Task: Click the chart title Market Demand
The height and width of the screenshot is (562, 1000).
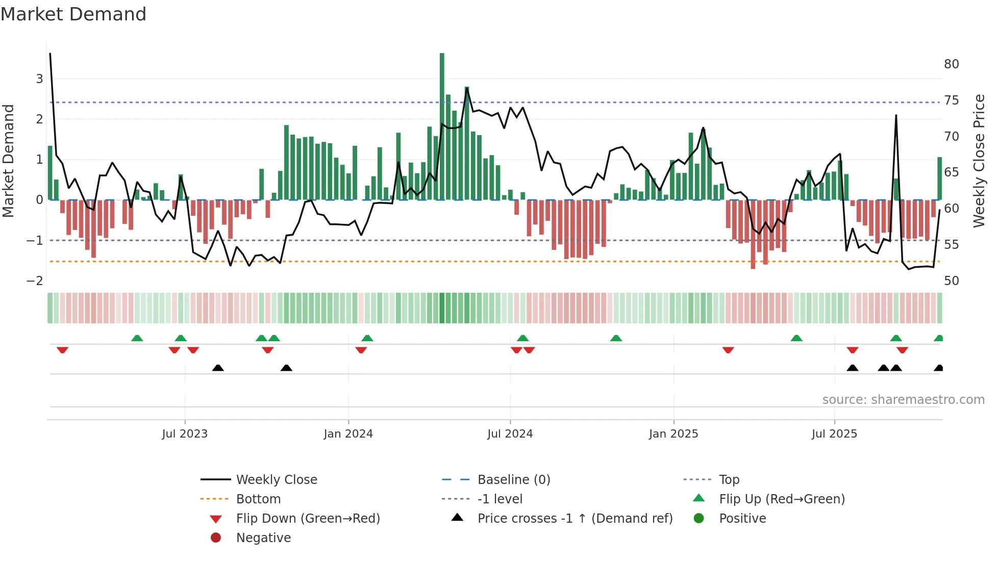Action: coord(73,14)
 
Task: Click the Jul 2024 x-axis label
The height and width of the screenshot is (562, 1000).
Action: coord(510,434)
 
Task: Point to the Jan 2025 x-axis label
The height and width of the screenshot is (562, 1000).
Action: coord(673,434)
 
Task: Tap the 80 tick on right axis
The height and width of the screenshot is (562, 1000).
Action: coord(951,64)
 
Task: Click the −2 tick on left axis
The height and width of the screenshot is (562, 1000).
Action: coord(35,281)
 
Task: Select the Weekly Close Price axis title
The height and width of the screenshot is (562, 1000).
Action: coord(979,161)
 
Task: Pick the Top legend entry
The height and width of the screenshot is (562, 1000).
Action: coord(729,480)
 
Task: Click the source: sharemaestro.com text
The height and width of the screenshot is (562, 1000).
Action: coord(903,400)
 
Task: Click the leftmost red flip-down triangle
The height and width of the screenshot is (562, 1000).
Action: coord(62,350)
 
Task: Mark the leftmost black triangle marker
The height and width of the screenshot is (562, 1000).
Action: coord(218,368)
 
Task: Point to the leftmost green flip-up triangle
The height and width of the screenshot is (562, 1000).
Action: coord(137,338)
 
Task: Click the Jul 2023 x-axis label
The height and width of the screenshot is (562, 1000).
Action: coord(185,434)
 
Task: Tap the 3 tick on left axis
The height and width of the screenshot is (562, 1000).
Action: coord(39,79)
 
